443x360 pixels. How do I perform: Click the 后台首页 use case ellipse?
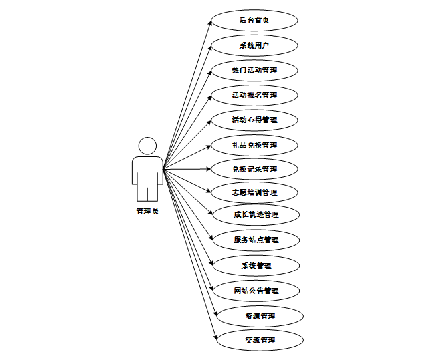tap(254, 20)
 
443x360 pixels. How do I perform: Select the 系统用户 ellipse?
tap(254, 45)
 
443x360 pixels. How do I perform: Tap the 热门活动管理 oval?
tap(254, 70)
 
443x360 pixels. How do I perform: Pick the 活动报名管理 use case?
tap(254, 95)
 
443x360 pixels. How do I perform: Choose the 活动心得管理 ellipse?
tap(254, 120)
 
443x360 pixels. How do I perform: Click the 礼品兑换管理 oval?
tap(254, 144)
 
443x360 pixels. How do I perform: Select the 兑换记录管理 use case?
tap(254, 169)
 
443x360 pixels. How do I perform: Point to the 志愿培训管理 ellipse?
tap(254, 192)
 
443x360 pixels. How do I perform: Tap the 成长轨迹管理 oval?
tap(256, 215)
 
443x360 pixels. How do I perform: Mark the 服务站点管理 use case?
tap(256, 240)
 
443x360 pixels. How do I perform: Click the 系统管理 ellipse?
tap(256, 266)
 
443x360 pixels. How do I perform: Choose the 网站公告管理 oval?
tap(256, 291)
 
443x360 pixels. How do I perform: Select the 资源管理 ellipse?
tap(260, 316)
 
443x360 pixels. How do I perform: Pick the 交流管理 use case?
tap(260, 340)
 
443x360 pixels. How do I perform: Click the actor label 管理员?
tap(147, 212)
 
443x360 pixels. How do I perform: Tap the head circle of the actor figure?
tap(147, 146)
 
